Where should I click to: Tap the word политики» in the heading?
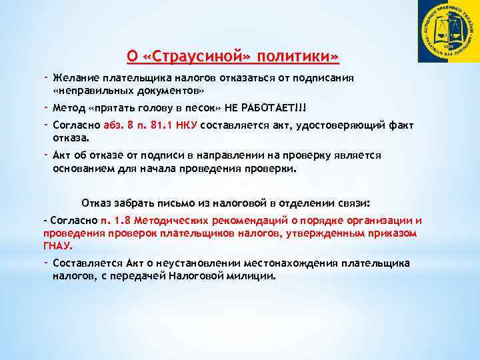click(x=301, y=56)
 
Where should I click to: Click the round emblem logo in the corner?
click(x=448, y=31)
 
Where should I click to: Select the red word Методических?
click(x=167, y=221)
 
